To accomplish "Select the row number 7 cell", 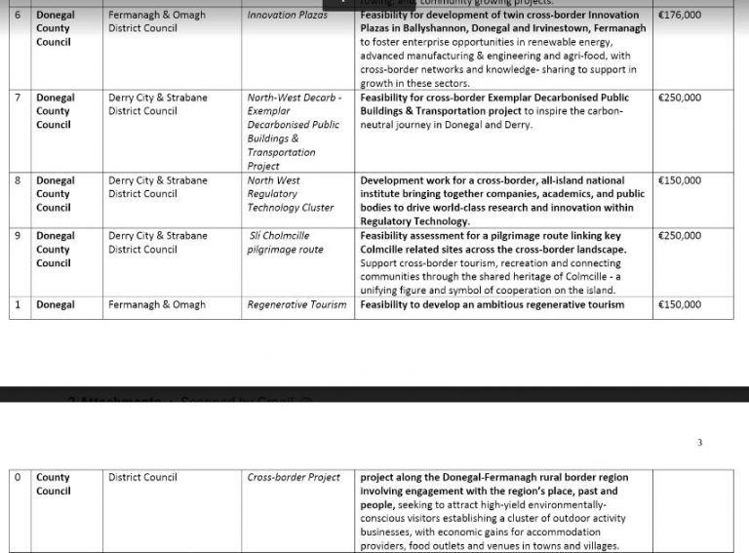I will [18, 99].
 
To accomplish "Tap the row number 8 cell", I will [18, 181].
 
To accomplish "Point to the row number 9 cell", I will [18, 236].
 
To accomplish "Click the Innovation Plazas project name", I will [287, 16].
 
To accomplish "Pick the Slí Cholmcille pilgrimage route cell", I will [285, 243].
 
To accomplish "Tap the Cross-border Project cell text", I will [294, 478].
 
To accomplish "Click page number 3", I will [699, 443].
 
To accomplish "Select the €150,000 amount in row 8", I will [679, 181].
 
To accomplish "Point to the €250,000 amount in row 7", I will [679, 99].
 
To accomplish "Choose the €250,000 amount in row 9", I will [679, 236].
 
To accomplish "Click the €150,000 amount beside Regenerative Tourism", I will [679, 305].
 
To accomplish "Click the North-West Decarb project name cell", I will [294, 132].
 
